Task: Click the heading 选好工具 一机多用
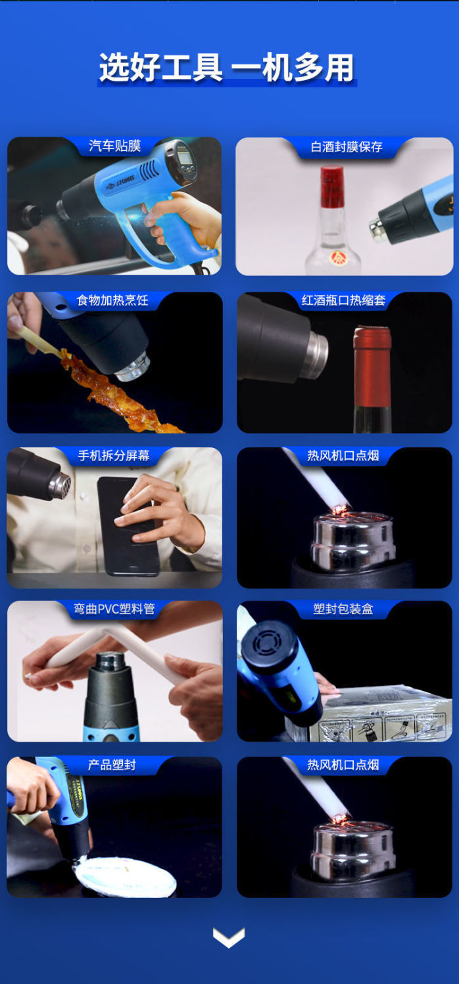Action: pos(226,68)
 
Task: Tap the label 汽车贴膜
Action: pos(114,146)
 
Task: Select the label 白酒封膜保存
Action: pos(347,146)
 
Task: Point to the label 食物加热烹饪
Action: pos(112,300)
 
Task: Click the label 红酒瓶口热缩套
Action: pos(343,300)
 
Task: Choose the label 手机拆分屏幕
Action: pos(113,455)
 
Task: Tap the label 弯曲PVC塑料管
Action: pos(114,609)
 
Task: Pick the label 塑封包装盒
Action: pos(343,609)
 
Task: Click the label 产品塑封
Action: pos(112,765)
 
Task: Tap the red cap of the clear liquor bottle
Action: pos(332,186)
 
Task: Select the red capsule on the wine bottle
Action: pos(372,367)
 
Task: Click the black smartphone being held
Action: pos(128,526)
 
